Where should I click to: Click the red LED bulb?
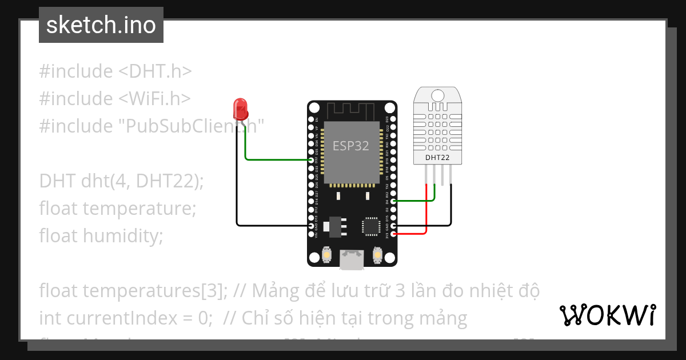point(240,107)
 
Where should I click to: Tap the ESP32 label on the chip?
point(351,146)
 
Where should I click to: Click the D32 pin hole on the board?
point(312,160)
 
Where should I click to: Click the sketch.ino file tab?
point(101,25)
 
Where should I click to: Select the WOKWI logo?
point(607,315)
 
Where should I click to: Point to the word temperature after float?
point(139,209)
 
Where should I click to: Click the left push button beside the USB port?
point(328,254)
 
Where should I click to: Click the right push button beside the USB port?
point(377,254)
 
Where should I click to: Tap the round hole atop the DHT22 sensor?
point(438,94)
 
